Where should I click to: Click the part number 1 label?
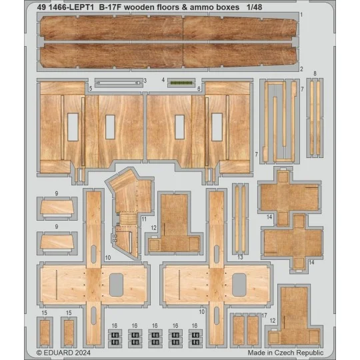click(320, 14)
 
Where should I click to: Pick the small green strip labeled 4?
click(177, 83)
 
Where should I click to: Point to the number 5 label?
click(90, 88)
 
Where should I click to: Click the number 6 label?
click(199, 88)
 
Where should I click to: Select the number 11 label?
click(143, 219)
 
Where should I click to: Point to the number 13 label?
click(239, 257)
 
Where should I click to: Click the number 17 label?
click(265, 315)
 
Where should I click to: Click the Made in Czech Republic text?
click(286, 353)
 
